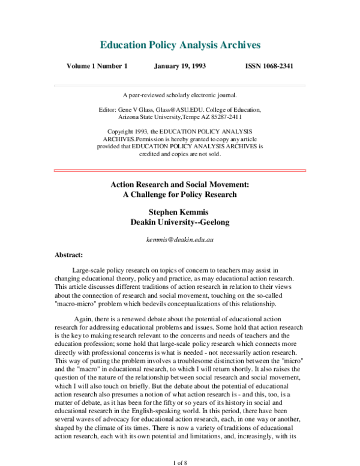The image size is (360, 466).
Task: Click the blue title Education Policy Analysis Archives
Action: [x=179, y=46]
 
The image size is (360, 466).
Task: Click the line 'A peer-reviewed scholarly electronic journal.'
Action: [x=179, y=95]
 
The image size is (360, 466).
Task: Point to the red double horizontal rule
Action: [x=179, y=171]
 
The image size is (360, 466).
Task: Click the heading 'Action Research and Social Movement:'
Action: [x=179, y=185]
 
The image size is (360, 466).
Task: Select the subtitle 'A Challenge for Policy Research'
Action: [x=179, y=195]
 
